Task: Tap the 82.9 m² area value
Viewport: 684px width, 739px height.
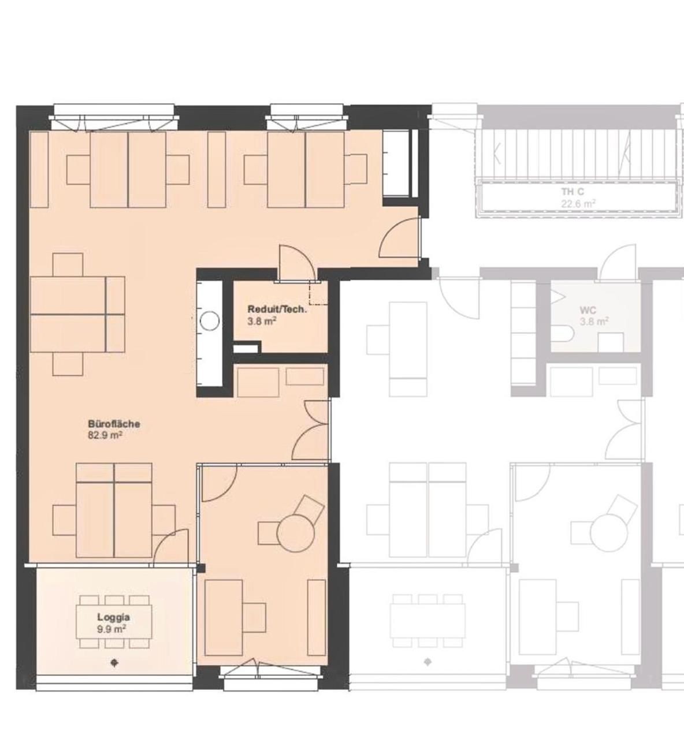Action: coord(105,435)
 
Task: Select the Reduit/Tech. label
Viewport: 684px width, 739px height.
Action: coord(277,309)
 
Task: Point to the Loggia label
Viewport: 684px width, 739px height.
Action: coord(114,617)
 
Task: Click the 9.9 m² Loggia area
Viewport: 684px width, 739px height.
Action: coord(111,629)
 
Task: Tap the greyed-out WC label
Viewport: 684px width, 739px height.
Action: coord(588,310)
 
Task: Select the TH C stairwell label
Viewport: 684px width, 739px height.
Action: coord(573,192)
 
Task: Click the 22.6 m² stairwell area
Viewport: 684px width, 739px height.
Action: coord(578,204)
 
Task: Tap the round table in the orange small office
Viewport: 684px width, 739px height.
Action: coord(296,532)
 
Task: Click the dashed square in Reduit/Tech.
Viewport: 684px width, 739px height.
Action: coord(318,293)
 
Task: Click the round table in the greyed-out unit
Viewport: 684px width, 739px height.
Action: coord(609,532)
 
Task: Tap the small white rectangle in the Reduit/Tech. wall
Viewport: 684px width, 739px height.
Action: coord(246,348)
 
